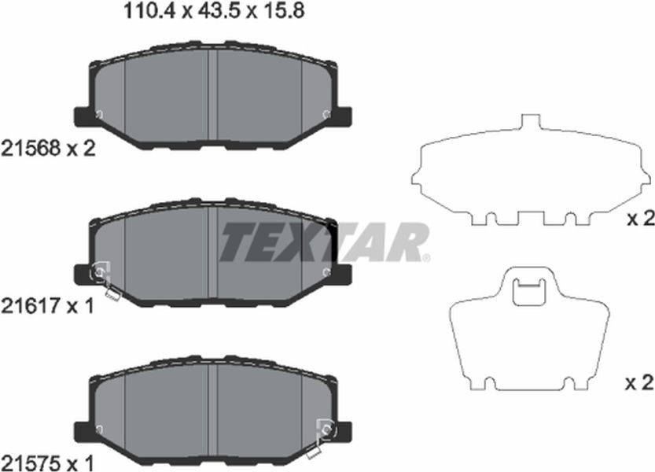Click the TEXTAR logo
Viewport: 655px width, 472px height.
[x=324, y=242]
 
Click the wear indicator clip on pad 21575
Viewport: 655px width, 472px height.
[x=322, y=438]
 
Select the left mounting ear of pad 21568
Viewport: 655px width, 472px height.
[x=82, y=116]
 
